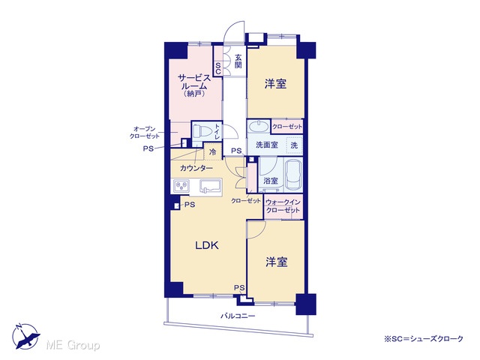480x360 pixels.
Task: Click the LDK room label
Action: coord(207,245)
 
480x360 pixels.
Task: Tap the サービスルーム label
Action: coord(195,82)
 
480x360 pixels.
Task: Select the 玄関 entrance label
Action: coord(238,61)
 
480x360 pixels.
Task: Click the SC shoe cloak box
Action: coord(218,68)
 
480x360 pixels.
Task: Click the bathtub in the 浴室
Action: coord(293,175)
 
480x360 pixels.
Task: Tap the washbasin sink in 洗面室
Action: coord(259,126)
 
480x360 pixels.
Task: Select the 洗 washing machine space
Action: coord(294,145)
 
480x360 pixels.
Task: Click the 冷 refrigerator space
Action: coord(212,151)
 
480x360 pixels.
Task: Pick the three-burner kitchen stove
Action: coord(181,186)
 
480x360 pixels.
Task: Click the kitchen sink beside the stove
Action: coord(210,186)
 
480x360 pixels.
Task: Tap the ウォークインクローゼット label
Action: coord(283,206)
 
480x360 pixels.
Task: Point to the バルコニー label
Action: coord(238,316)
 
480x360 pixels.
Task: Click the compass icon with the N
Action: coord(25,336)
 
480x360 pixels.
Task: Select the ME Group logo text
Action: coord(73,345)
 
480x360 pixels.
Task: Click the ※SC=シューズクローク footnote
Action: coord(424,339)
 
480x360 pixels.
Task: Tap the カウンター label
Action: coord(196,168)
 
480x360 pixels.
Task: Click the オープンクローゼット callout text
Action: coord(145,133)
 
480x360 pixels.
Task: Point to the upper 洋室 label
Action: coord(275,83)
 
